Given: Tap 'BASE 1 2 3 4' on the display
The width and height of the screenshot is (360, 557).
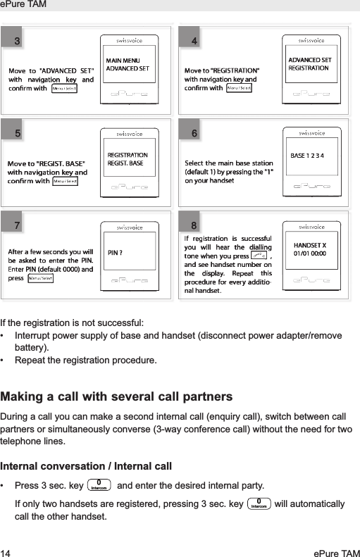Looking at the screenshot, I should (x=307, y=154).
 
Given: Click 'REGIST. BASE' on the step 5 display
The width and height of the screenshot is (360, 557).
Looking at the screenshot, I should (x=125, y=163).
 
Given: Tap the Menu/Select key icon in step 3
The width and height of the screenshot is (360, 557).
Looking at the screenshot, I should (x=66, y=89).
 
